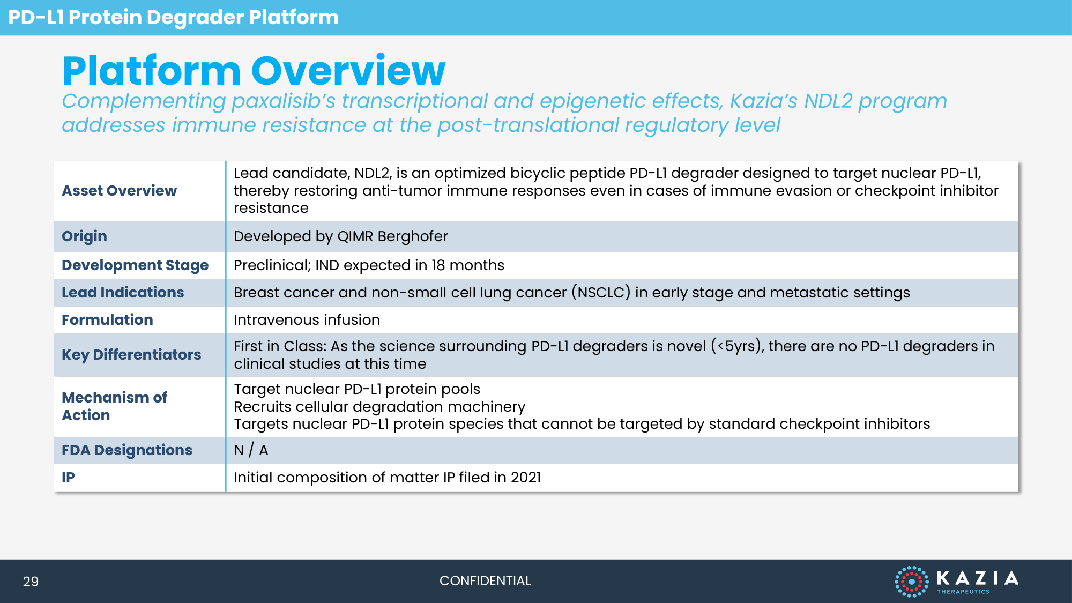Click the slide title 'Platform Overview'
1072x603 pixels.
[254, 71]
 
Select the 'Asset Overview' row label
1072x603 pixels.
[119, 190]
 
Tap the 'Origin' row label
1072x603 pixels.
[84, 236]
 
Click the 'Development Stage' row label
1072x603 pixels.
[135, 265]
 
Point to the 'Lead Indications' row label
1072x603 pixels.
[123, 292]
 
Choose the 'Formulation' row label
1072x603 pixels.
[107, 319]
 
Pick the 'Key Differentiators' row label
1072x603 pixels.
[131, 355]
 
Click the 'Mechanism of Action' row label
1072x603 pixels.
[114, 406]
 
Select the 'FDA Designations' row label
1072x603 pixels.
[127, 450]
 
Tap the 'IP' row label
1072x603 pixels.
[68, 477]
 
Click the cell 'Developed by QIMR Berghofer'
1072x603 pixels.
[341, 236]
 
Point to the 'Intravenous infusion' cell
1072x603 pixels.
[307, 320]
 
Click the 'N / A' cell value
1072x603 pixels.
[251, 450]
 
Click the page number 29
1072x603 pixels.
[31, 582]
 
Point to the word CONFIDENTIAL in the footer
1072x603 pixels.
[485, 581]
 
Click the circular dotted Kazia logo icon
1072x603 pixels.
[911, 582]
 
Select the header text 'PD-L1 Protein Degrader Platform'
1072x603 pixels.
[173, 17]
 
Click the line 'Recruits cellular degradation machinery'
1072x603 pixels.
[379, 407]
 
